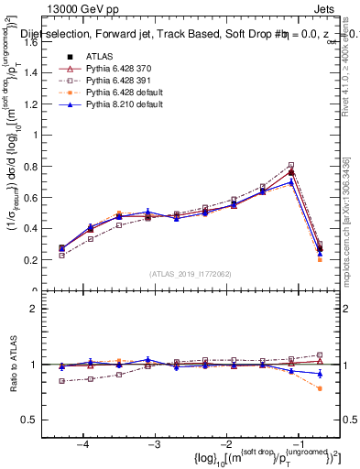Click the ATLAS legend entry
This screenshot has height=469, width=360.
(100, 58)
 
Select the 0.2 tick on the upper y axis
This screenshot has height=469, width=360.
(38, 260)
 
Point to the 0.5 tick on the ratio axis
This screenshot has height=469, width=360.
(38, 420)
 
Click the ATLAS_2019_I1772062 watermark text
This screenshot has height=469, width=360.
(191, 274)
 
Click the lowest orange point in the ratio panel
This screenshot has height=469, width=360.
(320, 388)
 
